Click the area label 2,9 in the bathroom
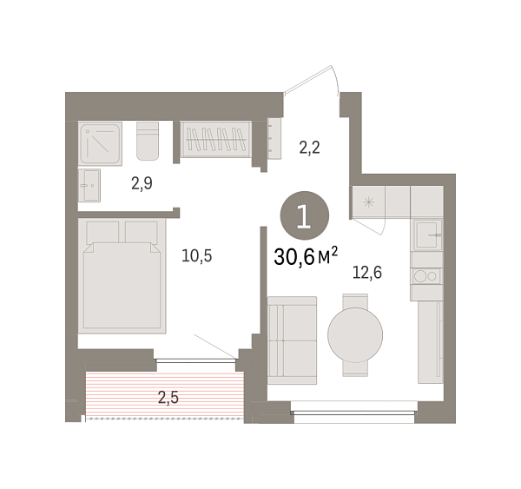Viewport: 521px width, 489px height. click(142, 183)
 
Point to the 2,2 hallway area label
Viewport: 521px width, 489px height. click(310, 147)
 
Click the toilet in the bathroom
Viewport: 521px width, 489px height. click(148, 141)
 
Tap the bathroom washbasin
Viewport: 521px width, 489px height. click(89, 185)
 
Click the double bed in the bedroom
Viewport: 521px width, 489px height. click(122, 275)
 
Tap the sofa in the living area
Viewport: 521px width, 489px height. click(293, 340)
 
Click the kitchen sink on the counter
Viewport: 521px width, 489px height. click(426, 235)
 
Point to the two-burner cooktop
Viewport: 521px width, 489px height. click(426, 277)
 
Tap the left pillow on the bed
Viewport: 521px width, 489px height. click(102, 232)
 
